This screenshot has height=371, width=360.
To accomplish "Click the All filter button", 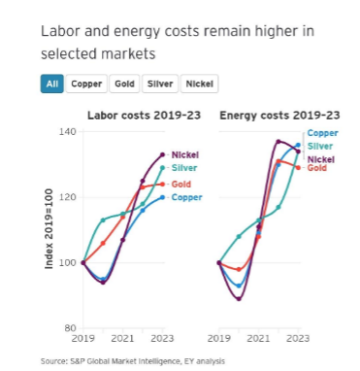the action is (x=52, y=84).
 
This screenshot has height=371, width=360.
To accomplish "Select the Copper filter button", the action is (x=86, y=84).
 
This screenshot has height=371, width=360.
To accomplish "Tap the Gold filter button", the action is (x=124, y=84).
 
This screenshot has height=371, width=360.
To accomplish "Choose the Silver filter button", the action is (x=160, y=84).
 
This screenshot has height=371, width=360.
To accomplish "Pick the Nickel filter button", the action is (x=199, y=84).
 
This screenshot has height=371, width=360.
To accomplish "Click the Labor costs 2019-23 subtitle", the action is (x=145, y=116).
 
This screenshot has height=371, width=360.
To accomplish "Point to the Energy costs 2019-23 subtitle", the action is (x=279, y=116).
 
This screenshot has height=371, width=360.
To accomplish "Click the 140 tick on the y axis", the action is (x=68, y=132).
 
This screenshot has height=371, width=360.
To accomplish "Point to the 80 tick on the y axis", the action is (x=70, y=328).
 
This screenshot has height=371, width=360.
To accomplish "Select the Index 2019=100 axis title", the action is (x=49, y=228).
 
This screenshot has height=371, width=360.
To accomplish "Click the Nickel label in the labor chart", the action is (x=185, y=154).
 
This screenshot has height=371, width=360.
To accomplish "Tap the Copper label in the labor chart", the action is (x=186, y=197).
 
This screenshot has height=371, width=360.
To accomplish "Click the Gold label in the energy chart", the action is (x=317, y=168).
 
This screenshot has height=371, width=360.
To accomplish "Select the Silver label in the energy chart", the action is (x=320, y=146).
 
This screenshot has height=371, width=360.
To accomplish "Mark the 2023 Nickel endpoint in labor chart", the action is (x=163, y=154).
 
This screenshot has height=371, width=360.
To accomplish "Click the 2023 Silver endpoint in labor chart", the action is (x=163, y=168).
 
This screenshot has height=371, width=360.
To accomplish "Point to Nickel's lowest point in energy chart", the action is (x=239, y=299).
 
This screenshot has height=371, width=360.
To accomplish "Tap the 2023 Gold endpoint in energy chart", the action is (x=298, y=168).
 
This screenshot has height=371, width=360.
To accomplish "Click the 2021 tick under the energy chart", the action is (x=258, y=339).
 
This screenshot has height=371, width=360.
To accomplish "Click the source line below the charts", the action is (x=133, y=361).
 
